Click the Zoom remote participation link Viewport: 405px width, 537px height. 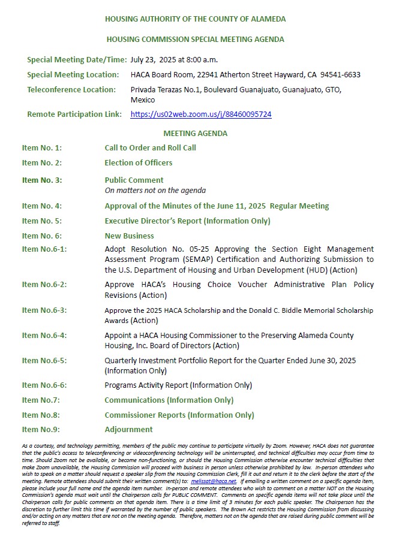[200, 114]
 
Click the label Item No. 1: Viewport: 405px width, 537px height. [42, 148]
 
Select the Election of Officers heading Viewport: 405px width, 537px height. [138, 162]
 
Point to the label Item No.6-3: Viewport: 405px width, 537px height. [44, 310]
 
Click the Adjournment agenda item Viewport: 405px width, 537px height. [128, 429]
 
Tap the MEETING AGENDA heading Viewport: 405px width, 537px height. [195, 134]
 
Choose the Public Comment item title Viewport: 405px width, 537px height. [134, 180]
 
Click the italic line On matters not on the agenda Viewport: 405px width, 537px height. [155, 191]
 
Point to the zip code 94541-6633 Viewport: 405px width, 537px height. [340, 75]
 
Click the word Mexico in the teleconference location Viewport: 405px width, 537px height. [142, 100]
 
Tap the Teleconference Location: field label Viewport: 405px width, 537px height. [71, 90]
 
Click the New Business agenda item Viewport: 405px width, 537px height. [129, 236]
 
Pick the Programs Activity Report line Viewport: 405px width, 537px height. [178, 385]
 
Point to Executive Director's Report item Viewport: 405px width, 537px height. [187, 221]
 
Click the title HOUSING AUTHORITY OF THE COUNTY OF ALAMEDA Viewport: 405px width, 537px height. [195, 19]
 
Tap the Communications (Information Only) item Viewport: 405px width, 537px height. [169, 400]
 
